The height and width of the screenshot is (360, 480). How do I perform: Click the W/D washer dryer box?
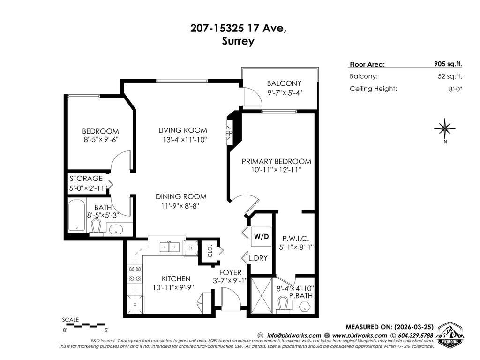click(261, 237)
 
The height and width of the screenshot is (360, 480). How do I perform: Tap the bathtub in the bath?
click(77, 215)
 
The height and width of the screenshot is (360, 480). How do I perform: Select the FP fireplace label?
click(229, 133)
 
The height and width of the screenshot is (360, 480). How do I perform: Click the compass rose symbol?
click(444, 127)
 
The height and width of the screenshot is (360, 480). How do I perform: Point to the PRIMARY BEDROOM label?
click(276, 161)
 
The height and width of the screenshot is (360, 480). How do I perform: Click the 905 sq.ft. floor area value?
click(448, 65)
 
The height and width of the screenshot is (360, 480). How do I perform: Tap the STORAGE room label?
click(86, 179)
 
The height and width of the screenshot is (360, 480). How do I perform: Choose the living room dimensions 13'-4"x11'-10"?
click(182, 139)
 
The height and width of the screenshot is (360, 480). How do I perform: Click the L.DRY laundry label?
click(257, 258)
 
